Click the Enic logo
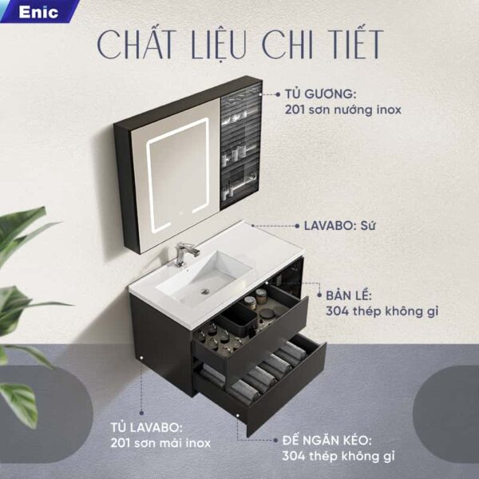pos(38,13)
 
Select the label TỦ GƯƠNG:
pos(320,94)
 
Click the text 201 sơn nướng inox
pos(343,109)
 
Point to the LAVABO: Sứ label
pos(339,226)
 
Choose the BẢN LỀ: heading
pos(348,295)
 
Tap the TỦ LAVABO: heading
pos(146,427)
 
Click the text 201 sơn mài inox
pos(160,443)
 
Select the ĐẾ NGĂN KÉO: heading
pos(327,441)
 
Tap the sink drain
pos(205,291)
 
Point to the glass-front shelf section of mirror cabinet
pos(241,144)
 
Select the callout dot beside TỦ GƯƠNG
pos(278,94)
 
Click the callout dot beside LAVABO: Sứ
pos(297,226)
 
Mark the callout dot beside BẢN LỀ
pos(319,295)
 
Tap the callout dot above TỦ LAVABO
pos(141,413)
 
